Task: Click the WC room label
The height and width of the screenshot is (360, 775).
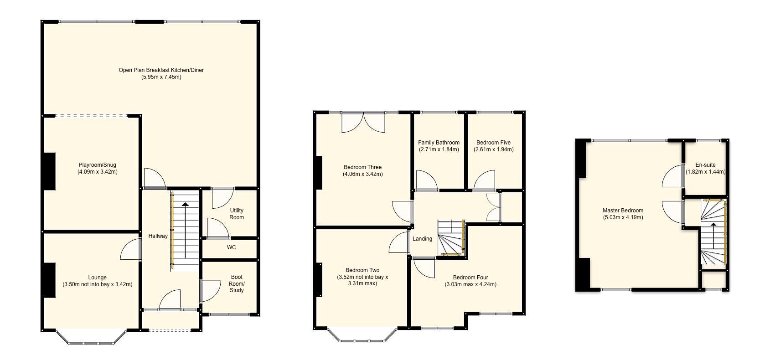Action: [x=231, y=247]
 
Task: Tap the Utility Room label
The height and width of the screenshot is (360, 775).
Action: [x=236, y=214]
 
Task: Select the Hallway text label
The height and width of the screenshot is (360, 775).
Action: [x=158, y=236]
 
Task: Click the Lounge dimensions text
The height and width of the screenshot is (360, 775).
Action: [x=97, y=284]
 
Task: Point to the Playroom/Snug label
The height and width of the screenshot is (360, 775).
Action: [x=97, y=165]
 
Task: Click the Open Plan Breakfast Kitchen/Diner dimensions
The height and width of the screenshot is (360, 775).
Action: [x=161, y=77]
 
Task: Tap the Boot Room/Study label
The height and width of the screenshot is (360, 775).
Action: [x=237, y=283]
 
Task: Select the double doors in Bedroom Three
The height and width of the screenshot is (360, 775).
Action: [x=363, y=122]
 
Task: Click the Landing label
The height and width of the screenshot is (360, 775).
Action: [x=422, y=239]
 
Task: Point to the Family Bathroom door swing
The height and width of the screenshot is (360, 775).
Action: [x=426, y=181]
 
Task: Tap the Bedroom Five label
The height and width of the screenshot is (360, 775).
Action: [x=493, y=143]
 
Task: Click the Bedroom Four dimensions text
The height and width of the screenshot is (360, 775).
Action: [x=470, y=284]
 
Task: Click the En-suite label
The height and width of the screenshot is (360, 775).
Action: [x=705, y=165]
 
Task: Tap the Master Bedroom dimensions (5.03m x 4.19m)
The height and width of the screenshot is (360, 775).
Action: [x=623, y=217]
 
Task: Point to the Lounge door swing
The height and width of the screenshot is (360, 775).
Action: [x=130, y=250]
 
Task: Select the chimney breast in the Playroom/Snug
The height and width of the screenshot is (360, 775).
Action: [x=49, y=171]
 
